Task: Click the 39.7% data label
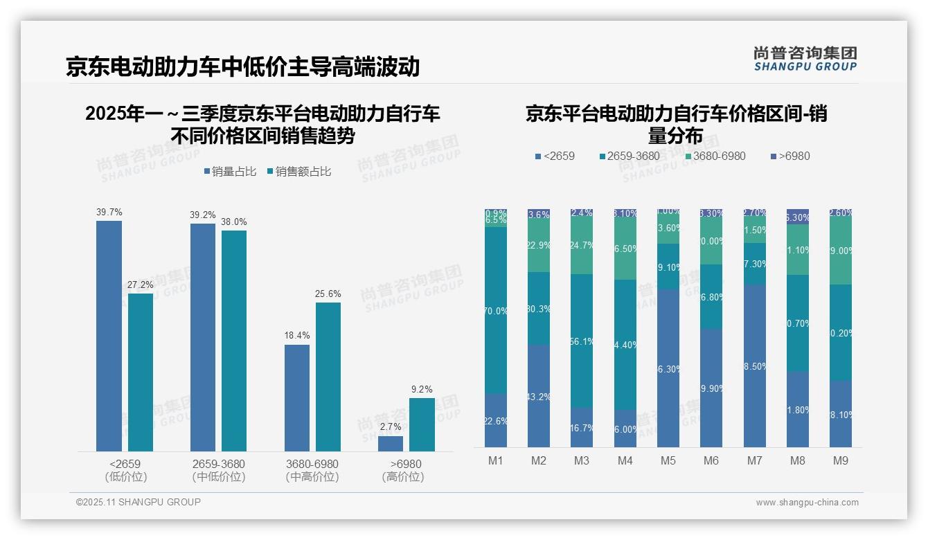click(x=109, y=212)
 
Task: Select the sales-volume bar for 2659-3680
click(x=202, y=337)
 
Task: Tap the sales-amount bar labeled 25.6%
click(x=328, y=377)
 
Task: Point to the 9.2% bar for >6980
click(x=422, y=424)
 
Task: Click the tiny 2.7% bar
click(x=391, y=444)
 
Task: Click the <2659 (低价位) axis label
click(x=125, y=470)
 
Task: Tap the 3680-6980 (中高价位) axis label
click(x=312, y=470)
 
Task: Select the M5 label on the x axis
click(x=668, y=460)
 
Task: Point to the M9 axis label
click(x=840, y=460)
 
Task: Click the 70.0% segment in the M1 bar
click(x=496, y=311)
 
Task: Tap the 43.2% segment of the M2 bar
click(x=539, y=396)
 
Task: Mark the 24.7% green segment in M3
click(x=582, y=245)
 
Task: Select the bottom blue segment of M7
click(x=755, y=366)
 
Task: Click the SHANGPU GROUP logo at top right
click(x=805, y=59)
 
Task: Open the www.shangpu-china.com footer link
click(x=807, y=503)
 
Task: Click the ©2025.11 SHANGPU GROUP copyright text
click(x=138, y=502)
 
